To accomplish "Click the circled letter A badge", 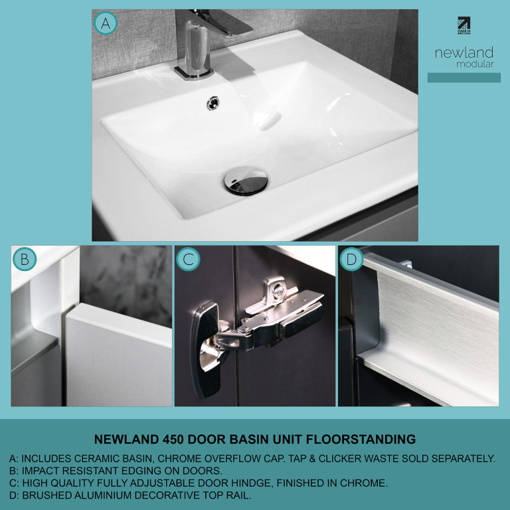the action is pos(106,23).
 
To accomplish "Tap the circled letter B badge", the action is pos(25,259).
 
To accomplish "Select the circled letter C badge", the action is pos(188,259).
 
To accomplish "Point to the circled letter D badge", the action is pos(351,259).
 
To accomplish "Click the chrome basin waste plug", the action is pos(246,181).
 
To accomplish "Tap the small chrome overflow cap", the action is pos(212,103).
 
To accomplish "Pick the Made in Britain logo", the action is pos(464,26).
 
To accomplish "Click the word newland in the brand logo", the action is pos(464,52).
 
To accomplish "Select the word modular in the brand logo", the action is pos(475,64).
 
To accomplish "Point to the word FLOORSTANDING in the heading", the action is pos(361,440).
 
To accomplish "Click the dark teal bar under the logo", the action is pos(464,78).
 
